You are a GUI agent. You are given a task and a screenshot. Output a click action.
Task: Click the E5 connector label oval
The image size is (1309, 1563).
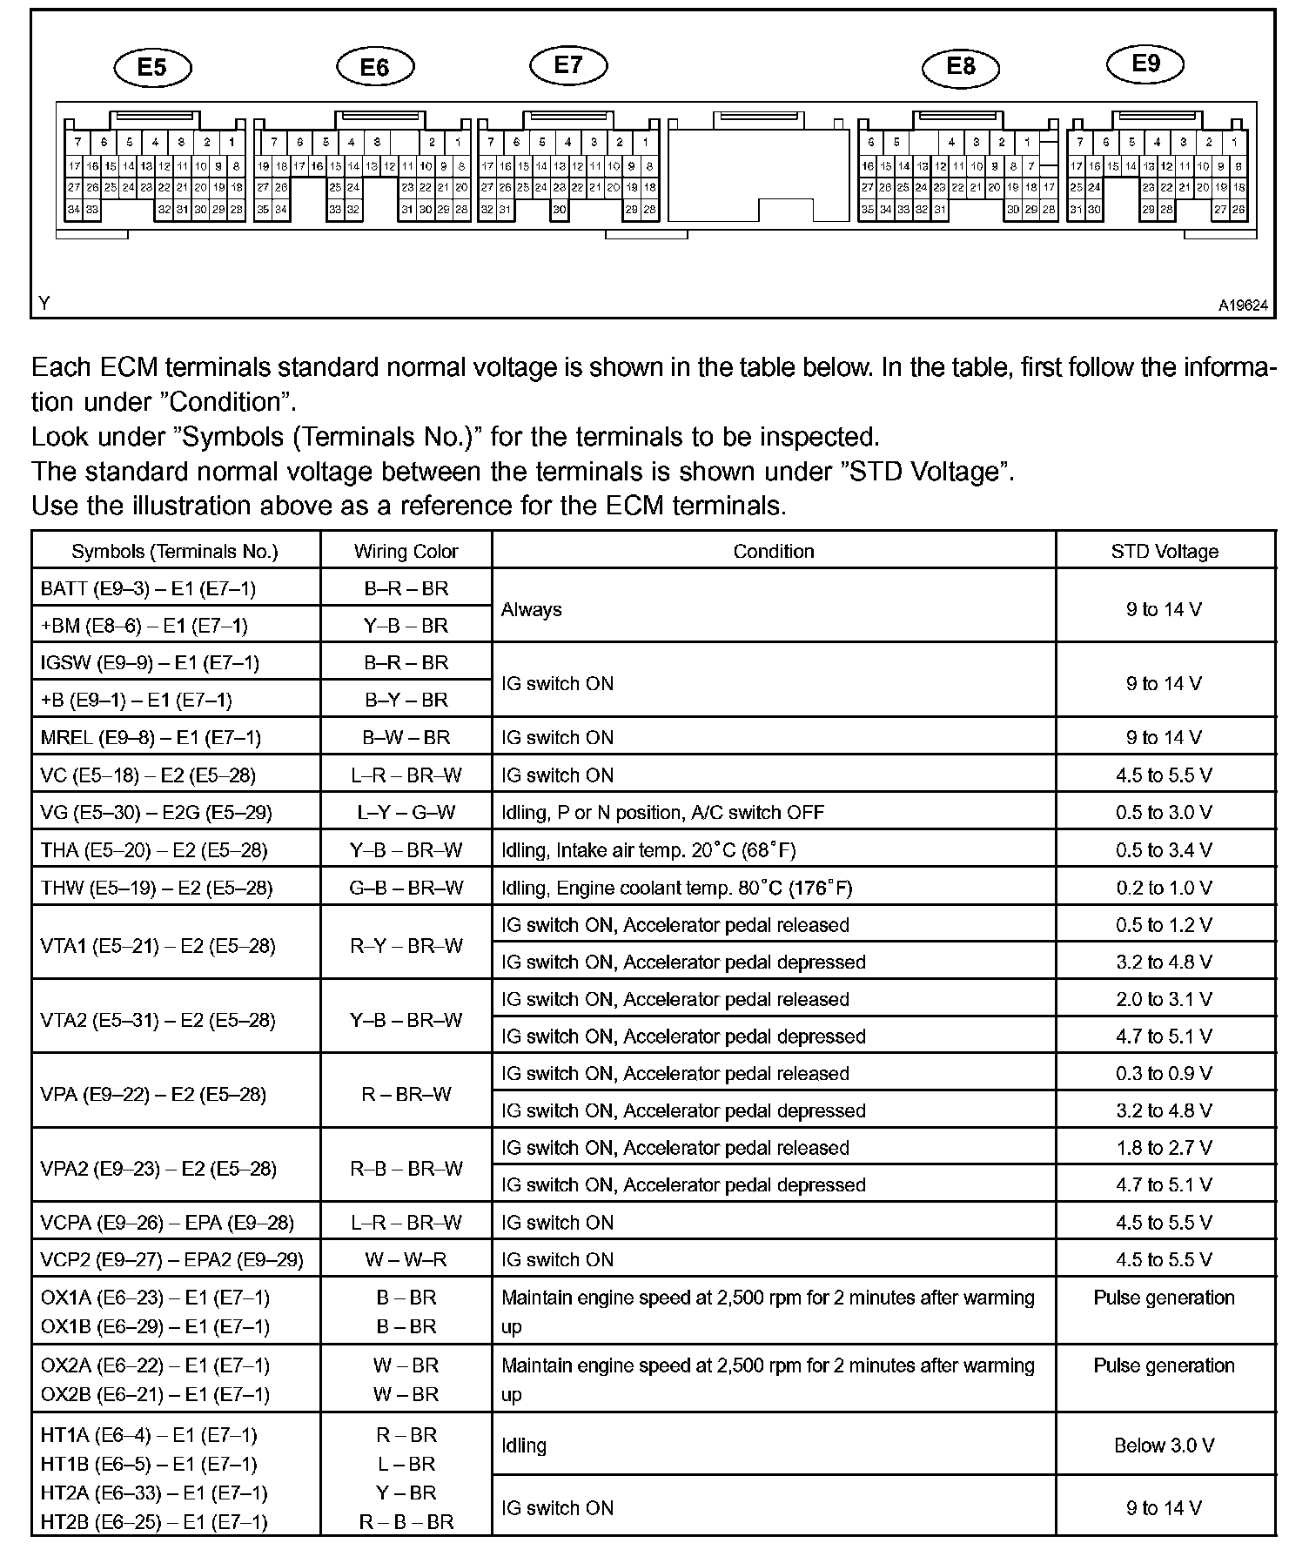tap(152, 68)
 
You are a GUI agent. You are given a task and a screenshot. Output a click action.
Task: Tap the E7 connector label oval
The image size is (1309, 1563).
tap(568, 65)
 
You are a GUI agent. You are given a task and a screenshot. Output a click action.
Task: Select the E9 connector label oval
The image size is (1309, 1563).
tap(1145, 64)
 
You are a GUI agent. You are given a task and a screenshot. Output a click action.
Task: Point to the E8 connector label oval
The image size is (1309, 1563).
tap(960, 67)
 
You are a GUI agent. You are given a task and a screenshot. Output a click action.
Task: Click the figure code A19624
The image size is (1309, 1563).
tap(1243, 305)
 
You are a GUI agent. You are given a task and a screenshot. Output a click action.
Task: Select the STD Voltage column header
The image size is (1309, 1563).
tap(1165, 551)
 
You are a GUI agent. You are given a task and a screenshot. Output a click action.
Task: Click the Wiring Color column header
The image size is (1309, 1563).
tap(406, 551)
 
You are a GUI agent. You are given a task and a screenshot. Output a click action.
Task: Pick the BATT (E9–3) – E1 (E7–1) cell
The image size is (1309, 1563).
tap(148, 588)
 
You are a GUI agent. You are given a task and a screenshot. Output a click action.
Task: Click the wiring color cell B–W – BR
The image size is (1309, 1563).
tap(406, 737)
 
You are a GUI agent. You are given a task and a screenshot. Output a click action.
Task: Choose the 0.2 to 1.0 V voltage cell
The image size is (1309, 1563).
tap(1165, 888)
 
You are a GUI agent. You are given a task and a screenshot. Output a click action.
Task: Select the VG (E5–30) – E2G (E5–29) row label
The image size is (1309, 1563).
tap(156, 813)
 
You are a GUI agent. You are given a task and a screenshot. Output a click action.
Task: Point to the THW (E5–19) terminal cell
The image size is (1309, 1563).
tap(157, 888)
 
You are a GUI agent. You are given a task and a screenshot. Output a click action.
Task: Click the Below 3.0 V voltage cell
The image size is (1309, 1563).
tap(1165, 1446)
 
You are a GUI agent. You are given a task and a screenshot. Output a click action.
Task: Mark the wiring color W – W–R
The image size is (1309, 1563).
tap(406, 1259)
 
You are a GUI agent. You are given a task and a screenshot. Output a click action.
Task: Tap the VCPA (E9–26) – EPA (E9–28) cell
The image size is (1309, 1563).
tap(167, 1222)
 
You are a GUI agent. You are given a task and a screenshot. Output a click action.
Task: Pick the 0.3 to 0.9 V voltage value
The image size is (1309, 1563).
tap(1165, 1073)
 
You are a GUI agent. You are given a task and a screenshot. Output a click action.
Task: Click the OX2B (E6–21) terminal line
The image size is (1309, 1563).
tap(155, 1394)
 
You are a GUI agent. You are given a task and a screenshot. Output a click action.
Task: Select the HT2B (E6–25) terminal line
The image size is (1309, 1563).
tap(154, 1522)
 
